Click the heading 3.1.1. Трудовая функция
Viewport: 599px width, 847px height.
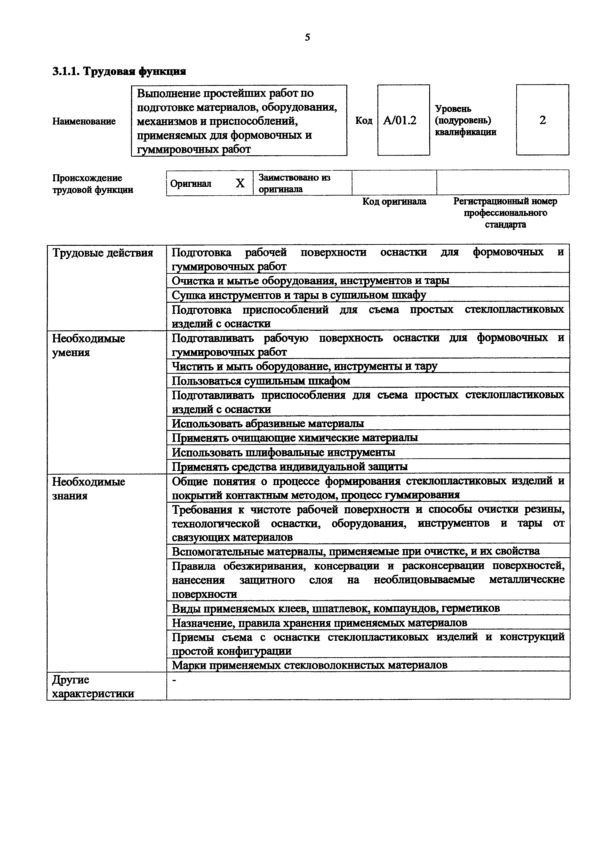tap(119, 71)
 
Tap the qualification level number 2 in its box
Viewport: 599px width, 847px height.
tap(542, 120)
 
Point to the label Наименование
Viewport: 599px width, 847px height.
tap(84, 121)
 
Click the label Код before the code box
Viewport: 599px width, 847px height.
tap(364, 121)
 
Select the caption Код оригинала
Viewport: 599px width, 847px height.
tap(394, 201)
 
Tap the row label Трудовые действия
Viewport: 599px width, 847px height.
tap(103, 253)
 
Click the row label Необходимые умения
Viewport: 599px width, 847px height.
tap(89, 345)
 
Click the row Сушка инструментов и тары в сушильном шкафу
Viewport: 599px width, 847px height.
tap(299, 295)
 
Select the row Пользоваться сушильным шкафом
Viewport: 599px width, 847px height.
tap(261, 381)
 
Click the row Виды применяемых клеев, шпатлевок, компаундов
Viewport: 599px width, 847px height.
tap(336, 608)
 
